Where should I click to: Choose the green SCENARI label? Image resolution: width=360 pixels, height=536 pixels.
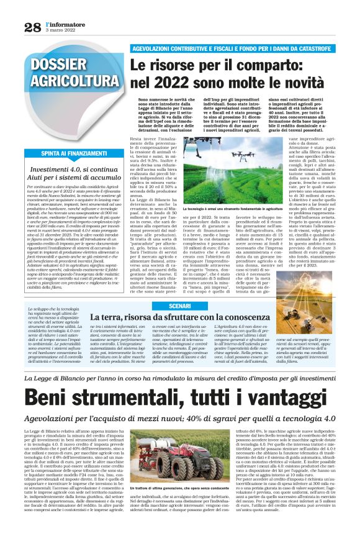point(180,306)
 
